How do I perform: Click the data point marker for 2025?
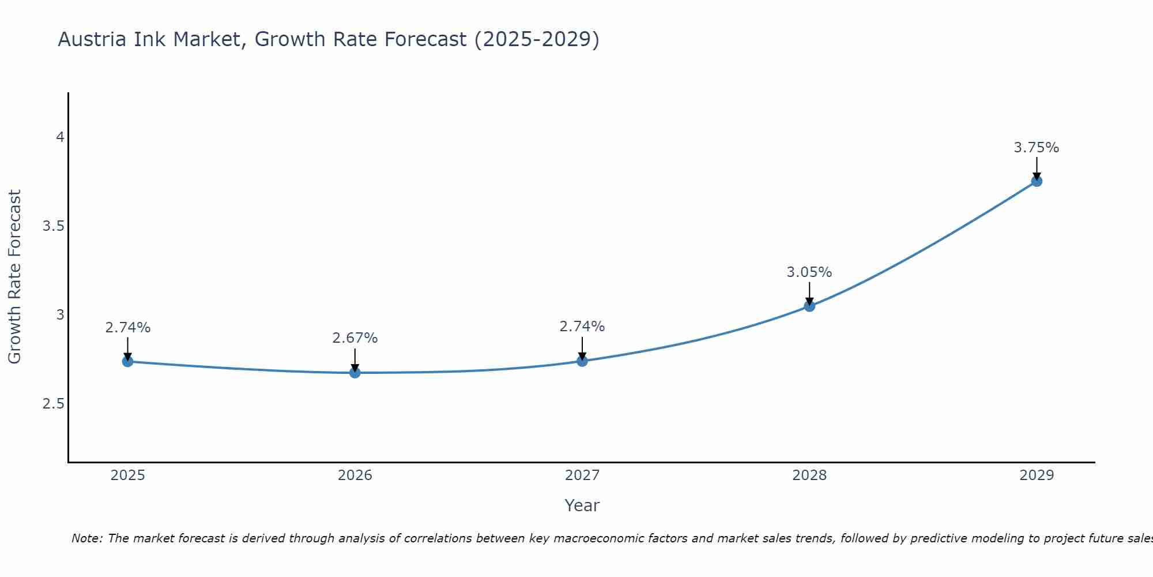(127, 362)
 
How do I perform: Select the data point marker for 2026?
(355, 373)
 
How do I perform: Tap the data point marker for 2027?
(582, 361)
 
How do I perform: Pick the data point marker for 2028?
(809, 306)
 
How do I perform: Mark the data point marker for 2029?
(1037, 181)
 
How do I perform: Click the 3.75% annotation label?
(1037, 148)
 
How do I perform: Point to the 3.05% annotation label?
(809, 272)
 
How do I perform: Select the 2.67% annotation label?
(355, 338)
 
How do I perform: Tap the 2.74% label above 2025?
(127, 328)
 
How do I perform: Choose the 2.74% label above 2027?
(582, 327)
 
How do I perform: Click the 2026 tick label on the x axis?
(355, 475)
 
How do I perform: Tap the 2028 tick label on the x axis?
(809, 475)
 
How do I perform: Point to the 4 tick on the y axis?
(60, 137)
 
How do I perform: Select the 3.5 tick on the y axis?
(53, 226)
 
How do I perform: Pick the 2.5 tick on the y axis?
(53, 404)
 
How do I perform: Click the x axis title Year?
(582, 505)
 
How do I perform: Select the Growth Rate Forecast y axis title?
(14, 277)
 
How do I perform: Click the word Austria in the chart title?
(92, 39)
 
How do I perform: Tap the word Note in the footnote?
(86, 538)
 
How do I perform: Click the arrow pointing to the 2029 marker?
(1037, 168)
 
